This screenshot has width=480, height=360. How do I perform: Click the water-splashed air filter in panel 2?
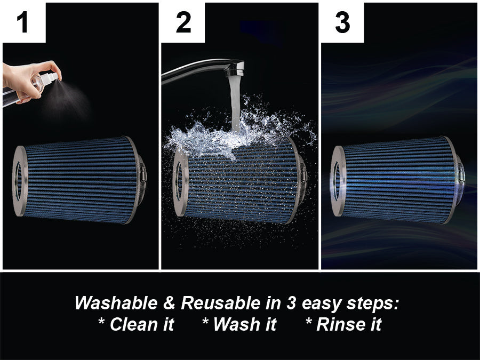(240, 179)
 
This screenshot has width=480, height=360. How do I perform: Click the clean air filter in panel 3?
(397, 180)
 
